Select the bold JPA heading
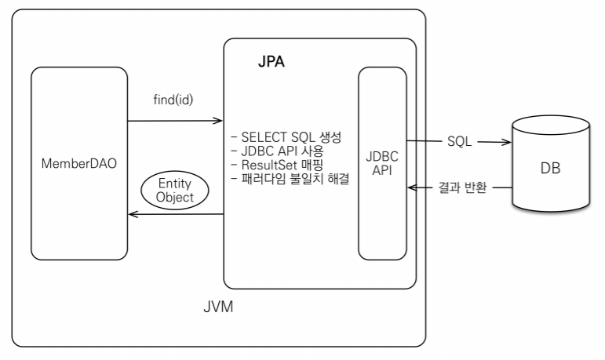pyautogui.click(x=269, y=62)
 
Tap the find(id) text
pyautogui.click(x=174, y=101)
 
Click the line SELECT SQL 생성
pyautogui.click(x=283, y=137)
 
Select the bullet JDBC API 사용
pyautogui.click(x=279, y=150)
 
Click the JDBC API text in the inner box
pyautogui.click(x=383, y=163)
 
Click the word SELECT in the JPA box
pyautogui.click(x=259, y=137)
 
